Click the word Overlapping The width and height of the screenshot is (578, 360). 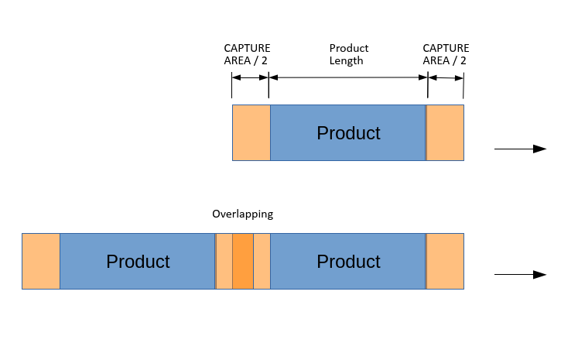[242, 214]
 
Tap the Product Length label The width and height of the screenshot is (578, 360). [348, 54]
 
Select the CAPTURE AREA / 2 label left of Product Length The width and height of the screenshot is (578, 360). [247, 54]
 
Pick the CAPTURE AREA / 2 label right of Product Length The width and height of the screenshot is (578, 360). [445, 54]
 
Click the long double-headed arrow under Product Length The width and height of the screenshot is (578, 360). [348, 77]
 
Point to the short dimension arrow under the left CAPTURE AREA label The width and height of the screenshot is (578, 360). [250, 77]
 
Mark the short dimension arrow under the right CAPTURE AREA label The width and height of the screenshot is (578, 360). [446, 77]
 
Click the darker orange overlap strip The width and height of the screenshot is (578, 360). [243, 261]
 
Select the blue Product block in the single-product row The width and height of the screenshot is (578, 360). [348, 132]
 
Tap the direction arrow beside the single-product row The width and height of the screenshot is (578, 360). [520, 149]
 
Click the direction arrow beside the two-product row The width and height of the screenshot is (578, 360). [520, 275]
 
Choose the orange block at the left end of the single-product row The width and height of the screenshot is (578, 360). [251, 132]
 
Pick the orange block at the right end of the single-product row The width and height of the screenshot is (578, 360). [446, 132]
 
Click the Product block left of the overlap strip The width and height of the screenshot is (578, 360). [138, 261]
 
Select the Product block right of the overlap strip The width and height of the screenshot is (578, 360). [348, 261]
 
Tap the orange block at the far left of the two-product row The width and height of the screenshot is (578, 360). [41, 261]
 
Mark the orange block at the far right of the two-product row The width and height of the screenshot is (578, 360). [446, 261]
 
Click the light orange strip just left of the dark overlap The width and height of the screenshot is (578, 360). [224, 261]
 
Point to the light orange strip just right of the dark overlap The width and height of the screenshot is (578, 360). [262, 261]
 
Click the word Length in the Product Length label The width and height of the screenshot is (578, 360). [347, 60]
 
